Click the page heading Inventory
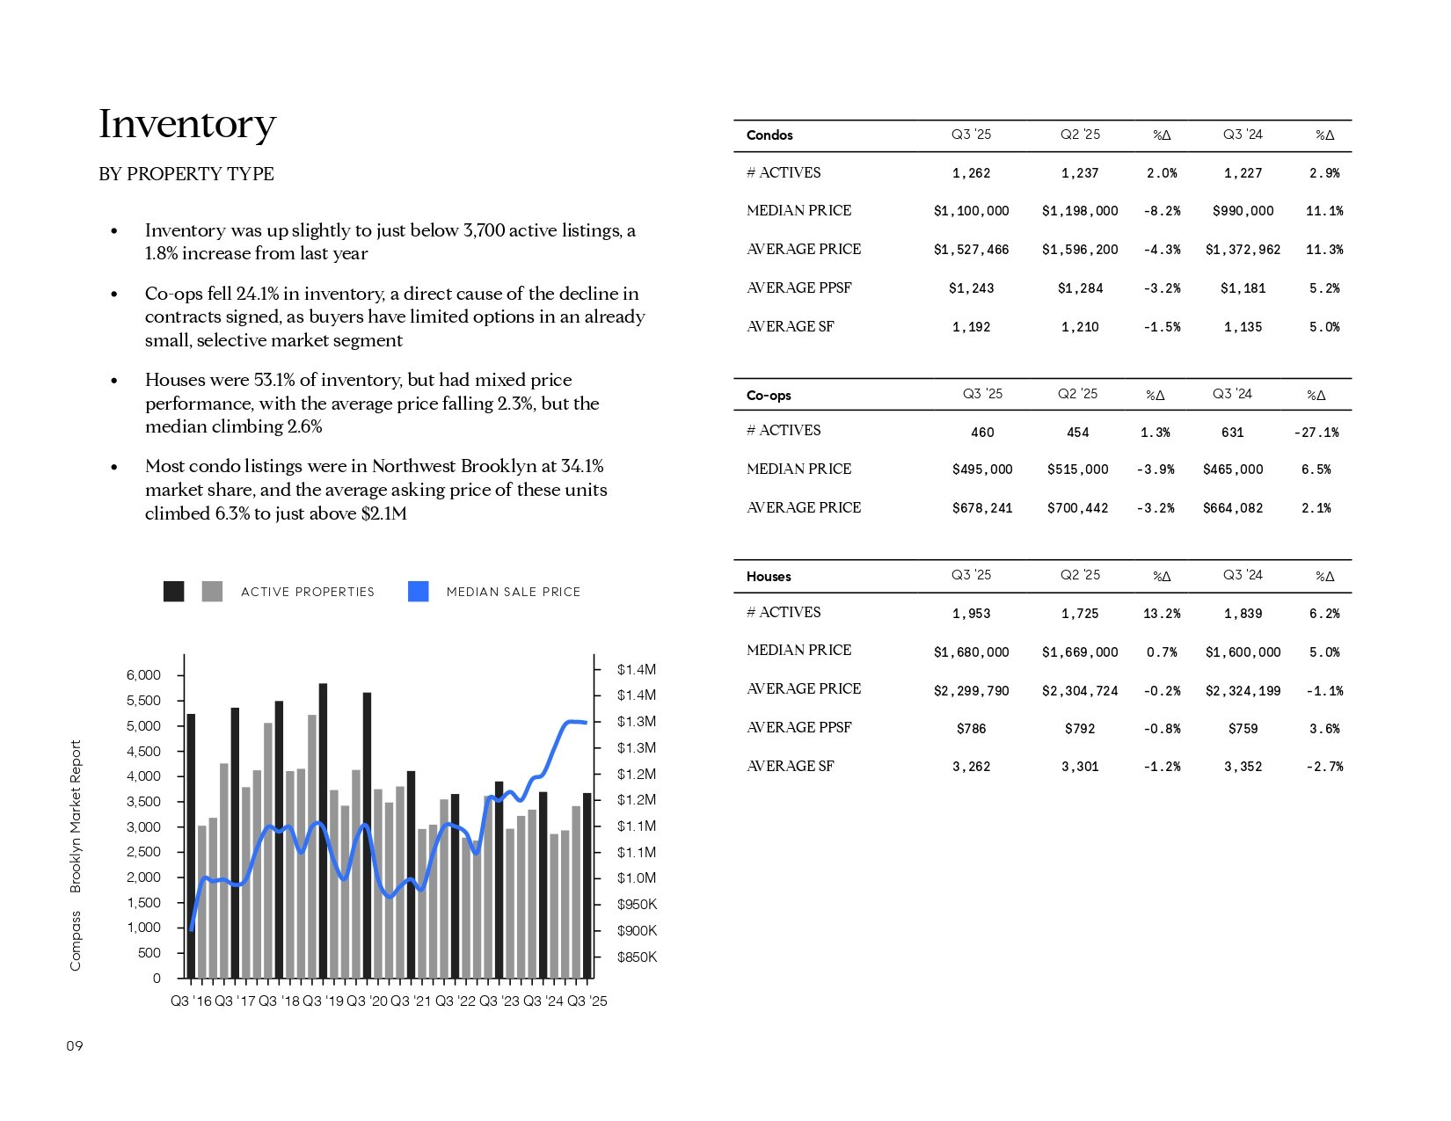click(x=187, y=124)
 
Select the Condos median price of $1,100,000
click(x=971, y=211)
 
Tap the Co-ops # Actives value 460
click(x=981, y=433)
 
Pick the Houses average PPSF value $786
click(x=971, y=729)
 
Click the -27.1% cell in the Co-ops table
click(x=1316, y=433)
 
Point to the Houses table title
click(x=769, y=577)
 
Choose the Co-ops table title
click(x=769, y=396)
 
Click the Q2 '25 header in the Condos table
click(x=1080, y=135)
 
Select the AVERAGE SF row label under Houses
click(x=790, y=766)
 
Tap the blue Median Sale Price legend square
click(x=419, y=592)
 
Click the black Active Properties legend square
click(x=174, y=592)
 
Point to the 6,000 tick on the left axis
click(x=143, y=675)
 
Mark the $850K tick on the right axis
click(x=637, y=957)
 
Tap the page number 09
click(x=75, y=1046)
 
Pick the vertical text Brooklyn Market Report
click(x=76, y=816)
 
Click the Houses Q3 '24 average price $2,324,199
click(x=1243, y=691)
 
